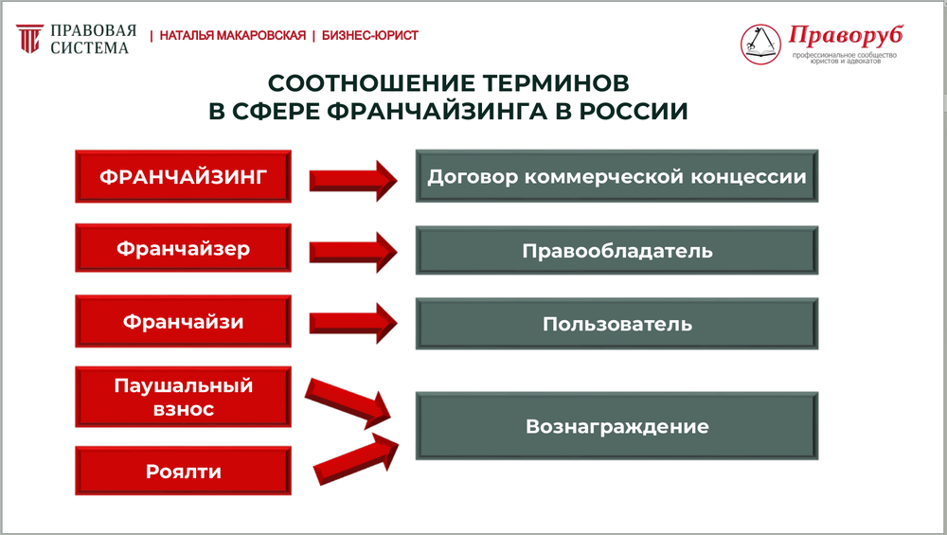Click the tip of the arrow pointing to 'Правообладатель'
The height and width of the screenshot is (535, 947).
click(x=398, y=252)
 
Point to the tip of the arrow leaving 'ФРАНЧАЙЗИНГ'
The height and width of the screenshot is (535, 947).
click(x=398, y=180)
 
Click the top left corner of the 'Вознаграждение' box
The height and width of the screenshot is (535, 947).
click(x=416, y=393)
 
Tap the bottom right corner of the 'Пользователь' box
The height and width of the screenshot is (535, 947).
click(x=818, y=349)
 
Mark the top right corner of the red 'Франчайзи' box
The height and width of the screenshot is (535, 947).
click(x=291, y=295)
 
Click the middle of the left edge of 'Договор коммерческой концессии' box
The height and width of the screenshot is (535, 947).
click(x=416, y=176)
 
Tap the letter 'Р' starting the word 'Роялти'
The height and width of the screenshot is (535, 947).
click(x=152, y=472)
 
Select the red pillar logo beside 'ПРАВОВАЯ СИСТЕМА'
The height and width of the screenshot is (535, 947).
click(x=29, y=39)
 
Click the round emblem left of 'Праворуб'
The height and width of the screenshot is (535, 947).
click(x=761, y=45)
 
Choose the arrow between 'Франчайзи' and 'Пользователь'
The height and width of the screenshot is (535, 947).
click(x=353, y=323)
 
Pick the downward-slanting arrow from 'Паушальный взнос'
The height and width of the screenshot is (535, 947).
click(x=348, y=403)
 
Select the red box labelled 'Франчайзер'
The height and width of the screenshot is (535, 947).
click(x=183, y=247)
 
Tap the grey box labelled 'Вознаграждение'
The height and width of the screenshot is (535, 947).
click(x=616, y=426)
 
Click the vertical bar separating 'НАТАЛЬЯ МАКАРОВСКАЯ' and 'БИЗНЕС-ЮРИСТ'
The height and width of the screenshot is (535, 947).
click(x=313, y=36)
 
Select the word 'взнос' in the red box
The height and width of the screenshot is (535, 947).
click(x=184, y=410)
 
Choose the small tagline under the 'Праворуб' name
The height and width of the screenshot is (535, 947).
click(x=845, y=58)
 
